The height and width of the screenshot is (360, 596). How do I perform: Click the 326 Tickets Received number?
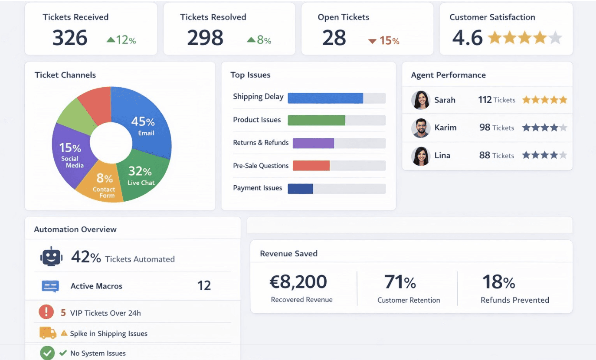click(70, 38)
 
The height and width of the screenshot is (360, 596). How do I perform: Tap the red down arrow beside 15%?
click(372, 41)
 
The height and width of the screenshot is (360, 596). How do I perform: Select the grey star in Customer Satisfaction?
click(555, 38)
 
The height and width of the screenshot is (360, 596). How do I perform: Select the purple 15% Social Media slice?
click(69, 154)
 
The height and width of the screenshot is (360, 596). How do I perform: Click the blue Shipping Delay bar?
click(325, 98)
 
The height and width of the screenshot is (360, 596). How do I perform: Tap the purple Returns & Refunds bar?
click(313, 143)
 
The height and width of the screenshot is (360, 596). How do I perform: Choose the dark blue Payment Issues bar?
click(300, 189)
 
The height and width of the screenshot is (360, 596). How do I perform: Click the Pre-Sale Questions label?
click(261, 166)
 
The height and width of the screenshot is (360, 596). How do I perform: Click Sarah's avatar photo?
click(420, 100)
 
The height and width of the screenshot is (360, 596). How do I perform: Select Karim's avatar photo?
click(420, 128)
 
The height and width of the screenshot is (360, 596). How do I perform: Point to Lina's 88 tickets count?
click(485, 155)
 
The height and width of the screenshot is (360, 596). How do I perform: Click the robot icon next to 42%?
click(52, 257)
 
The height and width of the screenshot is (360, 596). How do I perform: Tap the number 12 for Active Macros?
click(204, 286)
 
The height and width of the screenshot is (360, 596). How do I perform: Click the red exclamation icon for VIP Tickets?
click(46, 312)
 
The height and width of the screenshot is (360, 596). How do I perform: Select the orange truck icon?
click(48, 333)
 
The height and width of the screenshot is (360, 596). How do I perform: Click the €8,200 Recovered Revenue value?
click(298, 282)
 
